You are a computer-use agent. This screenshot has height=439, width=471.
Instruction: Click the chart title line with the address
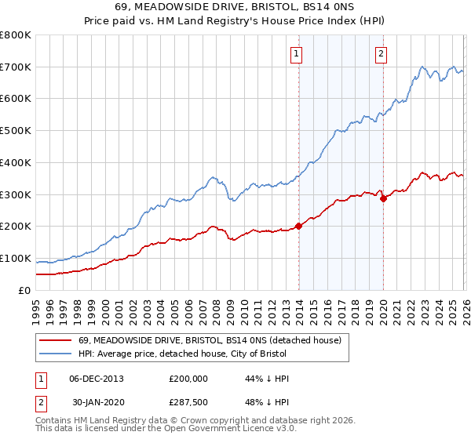tap(235, 7)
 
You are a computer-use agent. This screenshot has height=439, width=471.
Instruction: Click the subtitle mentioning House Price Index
tap(235, 21)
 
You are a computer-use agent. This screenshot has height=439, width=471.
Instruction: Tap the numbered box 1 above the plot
tap(297, 54)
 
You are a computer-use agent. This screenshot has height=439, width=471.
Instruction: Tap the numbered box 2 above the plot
tap(381, 54)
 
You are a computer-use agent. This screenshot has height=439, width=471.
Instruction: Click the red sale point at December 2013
tap(298, 227)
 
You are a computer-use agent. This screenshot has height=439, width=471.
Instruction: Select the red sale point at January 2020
tap(383, 198)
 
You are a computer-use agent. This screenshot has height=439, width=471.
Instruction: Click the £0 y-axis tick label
tap(24, 290)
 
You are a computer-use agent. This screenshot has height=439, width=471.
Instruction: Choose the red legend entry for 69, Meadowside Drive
tap(210, 340)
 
